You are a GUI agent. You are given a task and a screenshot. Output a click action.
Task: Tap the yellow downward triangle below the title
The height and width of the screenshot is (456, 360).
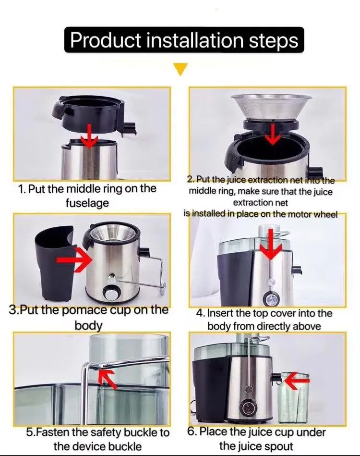(x=180, y=70)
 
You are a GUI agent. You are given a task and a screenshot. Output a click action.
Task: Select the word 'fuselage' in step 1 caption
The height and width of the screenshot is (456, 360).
(x=87, y=203)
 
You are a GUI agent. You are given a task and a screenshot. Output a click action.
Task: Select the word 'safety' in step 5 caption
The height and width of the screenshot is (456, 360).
(x=98, y=433)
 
